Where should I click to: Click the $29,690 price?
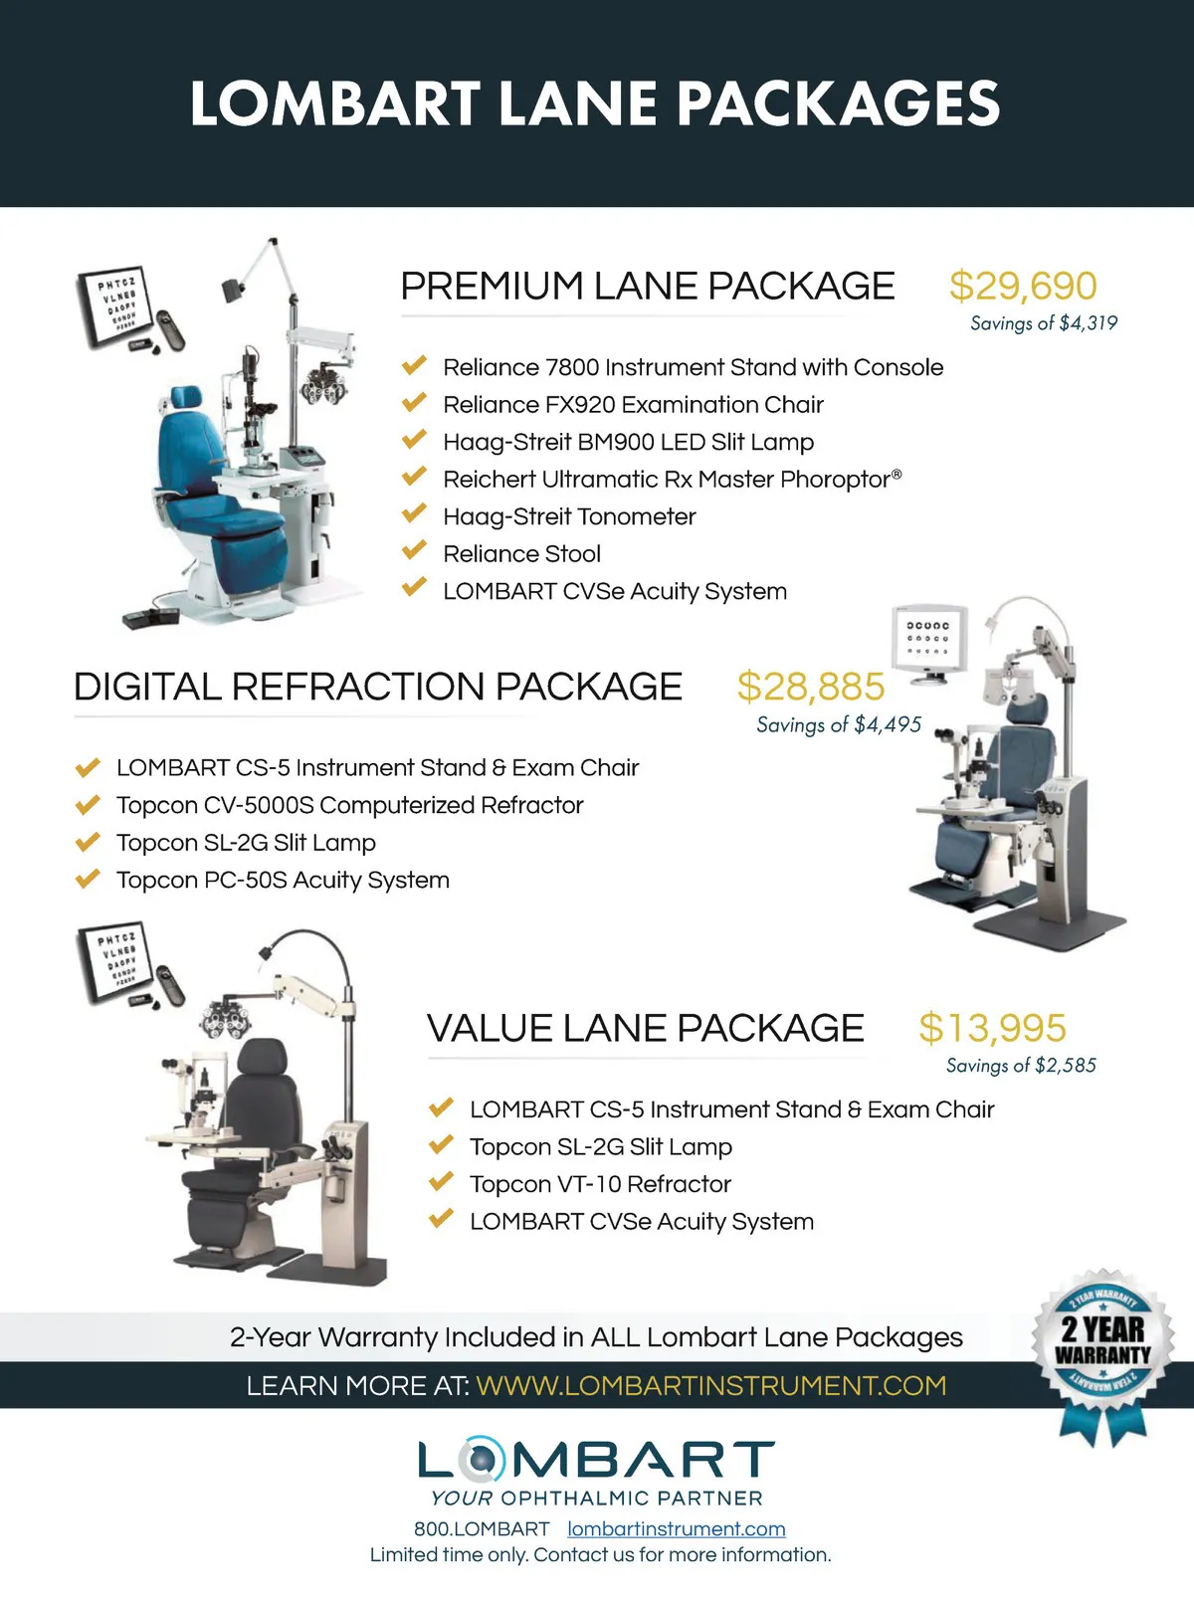pyautogui.click(x=1023, y=287)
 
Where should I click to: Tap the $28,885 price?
pyautogui.click(x=810, y=687)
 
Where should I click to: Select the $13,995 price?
pyautogui.click(x=992, y=1028)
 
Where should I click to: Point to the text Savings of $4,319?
pyautogui.click(x=1044, y=323)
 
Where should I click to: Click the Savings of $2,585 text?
pyautogui.click(x=1021, y=1066)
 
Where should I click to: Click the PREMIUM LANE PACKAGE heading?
pyautogui.click(x=647, y=287)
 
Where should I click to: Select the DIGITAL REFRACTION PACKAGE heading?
pyautogui.click(x=378, y=688)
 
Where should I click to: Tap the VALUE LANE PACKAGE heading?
pyautogui.click(x=645, y=1029)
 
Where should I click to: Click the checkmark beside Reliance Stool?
pyautogui.click(x=414, y=551)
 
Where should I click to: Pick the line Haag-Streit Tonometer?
pyautogui.click(x=569, y=516)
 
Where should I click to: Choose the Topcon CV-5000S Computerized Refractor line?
pyautogui.click(x=349, y=805)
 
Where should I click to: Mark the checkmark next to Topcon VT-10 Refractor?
pyautogui.click(x=441, y=1181)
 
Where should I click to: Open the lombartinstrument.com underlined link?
pyautogui.click(x=677, y=1528)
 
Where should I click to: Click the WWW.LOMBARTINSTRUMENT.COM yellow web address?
pyautogui.click(x=710, y=1385)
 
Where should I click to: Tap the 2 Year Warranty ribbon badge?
pyautogui.click(x=1102, y=1343)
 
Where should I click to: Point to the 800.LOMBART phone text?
pyautogui.click(x=482, y=1528)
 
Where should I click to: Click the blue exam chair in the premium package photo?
pyautogui.click(x=189, y=468)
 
